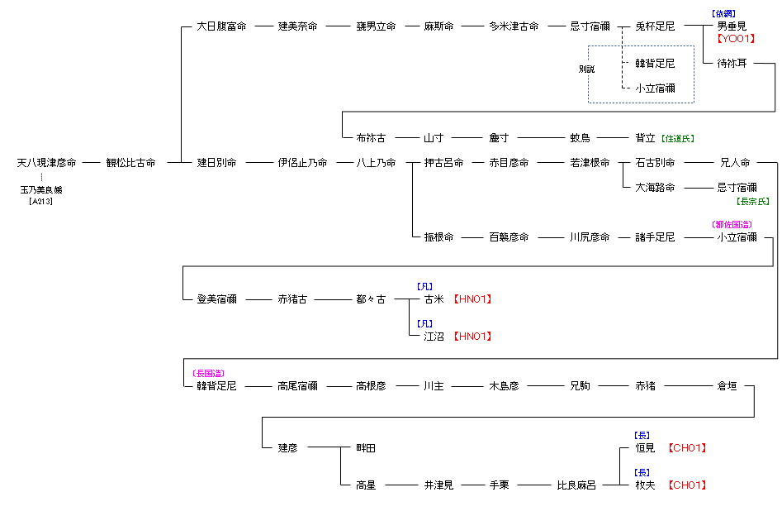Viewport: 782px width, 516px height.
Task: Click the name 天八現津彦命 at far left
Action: click(47, 163)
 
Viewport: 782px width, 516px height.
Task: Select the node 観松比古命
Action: click(130, 163)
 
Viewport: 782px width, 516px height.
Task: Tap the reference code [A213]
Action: click(41, 201)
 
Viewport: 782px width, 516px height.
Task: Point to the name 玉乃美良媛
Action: click(41, 190)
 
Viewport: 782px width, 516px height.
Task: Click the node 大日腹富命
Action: click(221, 26)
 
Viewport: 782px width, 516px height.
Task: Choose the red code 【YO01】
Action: click(736, 38)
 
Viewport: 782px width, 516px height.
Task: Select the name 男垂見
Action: click(732, 26)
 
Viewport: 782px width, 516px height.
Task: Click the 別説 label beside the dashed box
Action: click(586, 69)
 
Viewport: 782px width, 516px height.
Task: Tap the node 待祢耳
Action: click(732, 64)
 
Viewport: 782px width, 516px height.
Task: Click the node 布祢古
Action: click(371, 138)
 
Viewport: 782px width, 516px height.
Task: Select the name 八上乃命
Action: click(376, 163)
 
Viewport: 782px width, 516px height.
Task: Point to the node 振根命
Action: click(438, 237)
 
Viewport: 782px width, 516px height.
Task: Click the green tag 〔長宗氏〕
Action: click(751, 201)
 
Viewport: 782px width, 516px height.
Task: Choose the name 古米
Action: click(434, 299)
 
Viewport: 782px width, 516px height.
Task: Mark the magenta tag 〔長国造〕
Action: click(208, 374)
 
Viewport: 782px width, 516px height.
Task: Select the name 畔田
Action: click(366, 448)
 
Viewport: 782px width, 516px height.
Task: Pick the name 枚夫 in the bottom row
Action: click(645, 485)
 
